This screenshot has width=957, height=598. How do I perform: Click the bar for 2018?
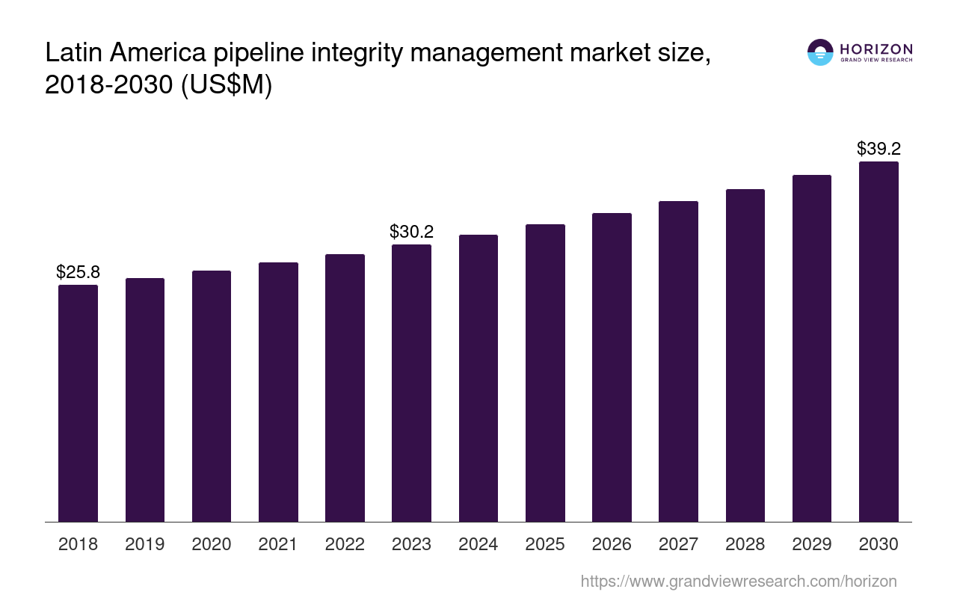click(x=78, y=403)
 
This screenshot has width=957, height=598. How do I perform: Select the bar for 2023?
click(x=411, y=383)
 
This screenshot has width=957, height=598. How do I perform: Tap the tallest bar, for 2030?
click(x=878, y=342)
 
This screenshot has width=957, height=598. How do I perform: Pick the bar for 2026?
click(x=612, y=367)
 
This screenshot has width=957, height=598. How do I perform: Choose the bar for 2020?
click(x=212, y=396)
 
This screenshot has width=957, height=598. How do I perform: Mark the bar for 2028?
click(x=745, y=355)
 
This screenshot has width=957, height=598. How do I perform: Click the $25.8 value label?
click(x=78, y=272)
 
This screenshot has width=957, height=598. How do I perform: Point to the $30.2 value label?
click(x=411, y=232)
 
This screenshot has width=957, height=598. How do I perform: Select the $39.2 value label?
click(x=878, y=149)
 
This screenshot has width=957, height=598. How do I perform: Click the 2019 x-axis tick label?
click(x=145, y=544)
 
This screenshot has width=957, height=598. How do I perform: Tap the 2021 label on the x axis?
click(x=278, y=544)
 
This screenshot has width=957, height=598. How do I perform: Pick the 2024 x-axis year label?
click(x=478, y=544)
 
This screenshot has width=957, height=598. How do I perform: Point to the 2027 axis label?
click(x=678, y=544)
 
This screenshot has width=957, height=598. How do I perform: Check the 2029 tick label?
click(x=811, y=544)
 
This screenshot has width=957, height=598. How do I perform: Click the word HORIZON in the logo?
click(x=876, y=49)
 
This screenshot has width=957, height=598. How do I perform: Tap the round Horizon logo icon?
click(x=820, y=52)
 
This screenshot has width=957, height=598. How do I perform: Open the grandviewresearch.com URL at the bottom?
click(x=738, y=581)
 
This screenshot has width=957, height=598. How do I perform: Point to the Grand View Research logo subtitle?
click(x=876, y=60)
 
